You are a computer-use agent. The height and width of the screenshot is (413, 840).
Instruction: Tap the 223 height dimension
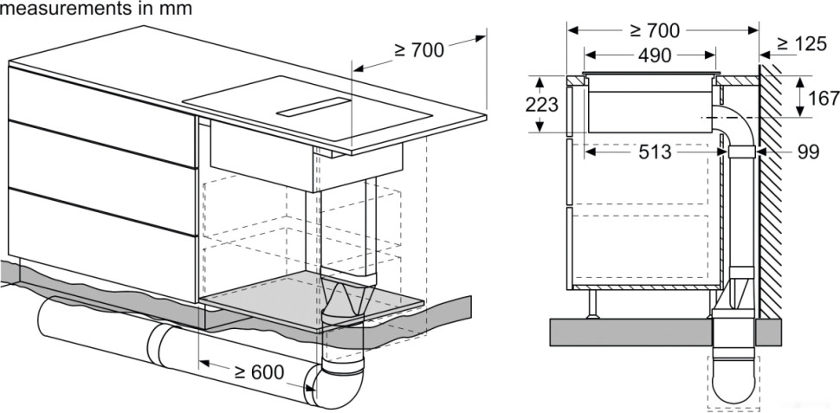(x=540, y=104)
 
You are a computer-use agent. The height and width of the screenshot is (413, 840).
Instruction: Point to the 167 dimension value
(x=822, y=97)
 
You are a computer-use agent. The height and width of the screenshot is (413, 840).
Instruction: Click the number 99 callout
(x=807, y=152)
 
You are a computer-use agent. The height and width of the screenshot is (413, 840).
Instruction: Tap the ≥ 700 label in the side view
(x=655, y=30)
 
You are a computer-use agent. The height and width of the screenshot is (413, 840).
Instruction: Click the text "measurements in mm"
(x=95, y=8)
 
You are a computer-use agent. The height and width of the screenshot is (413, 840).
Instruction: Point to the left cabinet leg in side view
(x=593, y=303)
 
